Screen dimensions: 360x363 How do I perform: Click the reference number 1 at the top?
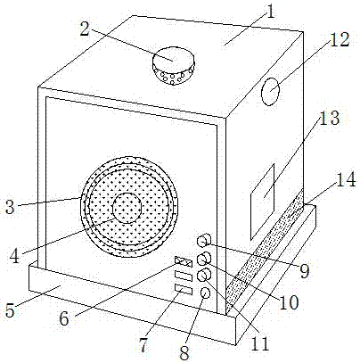point(270,12)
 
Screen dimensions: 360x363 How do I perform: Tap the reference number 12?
point(340,39)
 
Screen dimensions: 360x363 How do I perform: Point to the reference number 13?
point(329,118)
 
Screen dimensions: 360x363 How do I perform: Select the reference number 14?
point(346,179)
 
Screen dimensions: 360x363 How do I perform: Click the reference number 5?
point(10,310)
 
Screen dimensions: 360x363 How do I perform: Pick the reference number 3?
point(10,207)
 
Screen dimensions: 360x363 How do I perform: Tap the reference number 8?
point(184,353)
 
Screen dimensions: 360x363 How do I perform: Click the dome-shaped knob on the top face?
point(174,65)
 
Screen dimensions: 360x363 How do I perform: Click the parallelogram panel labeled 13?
point(262,202)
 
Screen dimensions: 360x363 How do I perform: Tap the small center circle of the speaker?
point(127,208)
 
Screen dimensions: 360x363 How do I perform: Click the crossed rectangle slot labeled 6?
point(184,261)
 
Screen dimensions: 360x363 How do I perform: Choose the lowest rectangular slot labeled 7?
point(184,289)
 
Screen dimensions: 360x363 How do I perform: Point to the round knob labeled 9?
point(204,240)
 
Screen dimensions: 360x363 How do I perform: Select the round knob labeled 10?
point(204,260)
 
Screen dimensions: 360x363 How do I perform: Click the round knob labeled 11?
point(204,275)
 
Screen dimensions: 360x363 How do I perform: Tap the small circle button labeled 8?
point(205,293)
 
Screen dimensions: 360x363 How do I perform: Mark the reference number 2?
point(85,29)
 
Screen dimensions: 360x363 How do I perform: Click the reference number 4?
point(14,256)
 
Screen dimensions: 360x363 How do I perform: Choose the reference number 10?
point(289,302)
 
